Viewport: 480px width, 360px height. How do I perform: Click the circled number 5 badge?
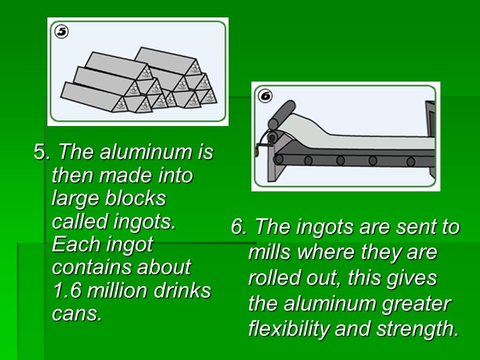[x=61, y=31]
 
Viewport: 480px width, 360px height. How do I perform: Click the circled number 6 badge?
[x=265, y=95]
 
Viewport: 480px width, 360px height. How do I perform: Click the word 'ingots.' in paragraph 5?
[x=144, y=221]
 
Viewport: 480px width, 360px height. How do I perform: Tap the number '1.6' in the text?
[x=66, y=290]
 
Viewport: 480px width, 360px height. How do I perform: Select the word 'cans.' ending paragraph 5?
[x=77, y=313]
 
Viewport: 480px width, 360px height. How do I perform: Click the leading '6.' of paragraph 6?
[x=239, y=227]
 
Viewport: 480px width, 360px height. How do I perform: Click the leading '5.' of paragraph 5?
[x=42, y=152]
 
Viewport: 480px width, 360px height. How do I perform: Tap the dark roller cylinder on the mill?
[x=282, y=115]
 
